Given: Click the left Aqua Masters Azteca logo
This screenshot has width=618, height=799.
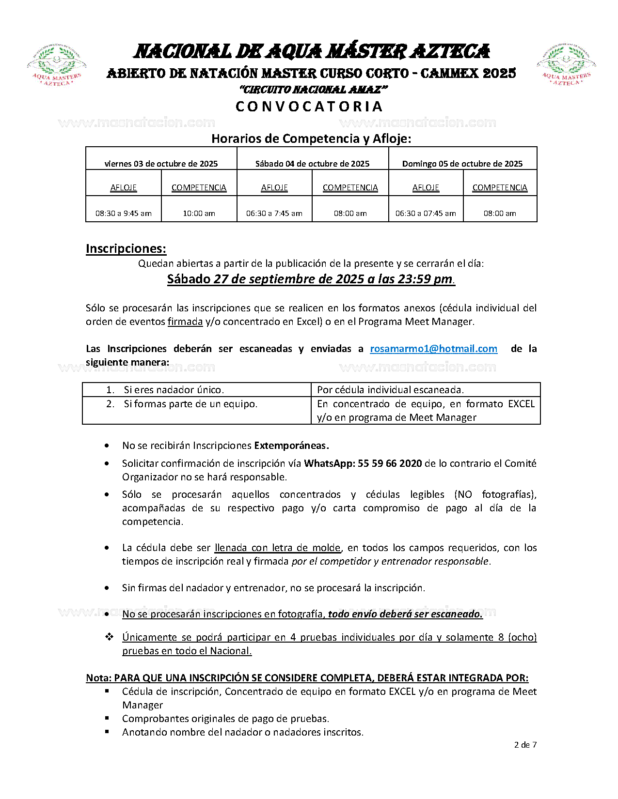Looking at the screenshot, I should pyautogui.click(x=57, y=65).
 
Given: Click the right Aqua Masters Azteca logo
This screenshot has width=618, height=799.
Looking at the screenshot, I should pyautogui.click(x=566, y=65).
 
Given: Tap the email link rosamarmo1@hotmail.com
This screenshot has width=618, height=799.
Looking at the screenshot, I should pyautogui.click(x=433, y=349).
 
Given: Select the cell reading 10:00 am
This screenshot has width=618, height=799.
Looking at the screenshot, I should pyautogui.click(x=199, y=213).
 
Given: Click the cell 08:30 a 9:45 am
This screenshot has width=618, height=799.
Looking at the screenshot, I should pyautogui.click(x=124, y=213).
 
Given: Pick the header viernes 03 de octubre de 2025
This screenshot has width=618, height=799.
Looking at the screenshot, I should pyautogui.click(x=161, y=164).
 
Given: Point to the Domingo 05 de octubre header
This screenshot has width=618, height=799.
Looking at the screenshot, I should pyautogui.click(x=462, y=164).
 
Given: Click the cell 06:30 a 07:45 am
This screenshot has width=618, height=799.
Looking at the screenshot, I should pyautogui.click(x=426, y=213).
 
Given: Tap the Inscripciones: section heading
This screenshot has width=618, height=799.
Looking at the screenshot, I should pyautogui.click(x=126, y=248).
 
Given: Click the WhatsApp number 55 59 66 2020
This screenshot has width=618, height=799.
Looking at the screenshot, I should pyautogui.click(x=390, y=463).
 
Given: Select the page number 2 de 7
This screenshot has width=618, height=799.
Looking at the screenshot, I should pyautogui.click(x=525, y=745).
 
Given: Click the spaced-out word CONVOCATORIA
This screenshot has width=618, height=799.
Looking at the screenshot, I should pyautogui.click(x=309, y=107).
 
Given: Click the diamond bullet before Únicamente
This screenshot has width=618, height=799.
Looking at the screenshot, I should pyautogui.click(x=109, y=637).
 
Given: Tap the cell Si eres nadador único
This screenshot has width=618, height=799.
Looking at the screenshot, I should pyautogui.click(x=174, y=390).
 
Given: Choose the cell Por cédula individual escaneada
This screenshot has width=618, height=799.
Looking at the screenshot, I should pyautogui.click(x=390, y=390).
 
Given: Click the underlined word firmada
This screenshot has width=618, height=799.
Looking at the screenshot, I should pyautogui.click(x=185, y=322).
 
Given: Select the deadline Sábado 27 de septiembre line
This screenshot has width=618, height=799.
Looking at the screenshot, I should pyautogui.click(x=311, y=279).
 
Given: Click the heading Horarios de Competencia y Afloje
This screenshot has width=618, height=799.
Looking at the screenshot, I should pyautogui.click(x=311, y=139).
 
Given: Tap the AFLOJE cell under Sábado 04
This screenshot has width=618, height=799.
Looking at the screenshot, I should pyautogui.click(x=274, y=187).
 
